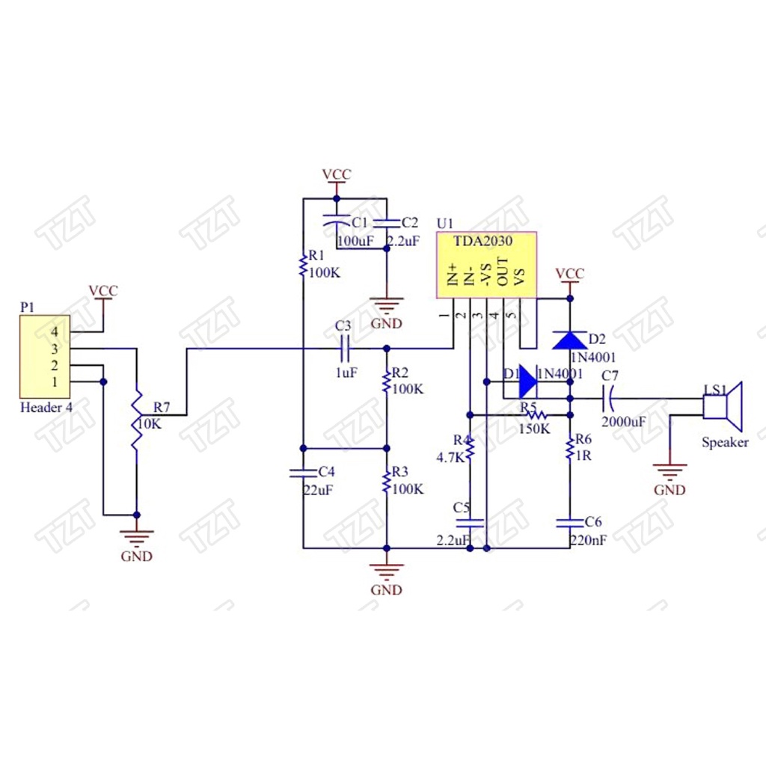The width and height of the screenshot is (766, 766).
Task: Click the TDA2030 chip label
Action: pos(482,241)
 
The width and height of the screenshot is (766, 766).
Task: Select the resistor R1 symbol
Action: pos(302,264)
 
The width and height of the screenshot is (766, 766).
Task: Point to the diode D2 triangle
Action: pos(571,340)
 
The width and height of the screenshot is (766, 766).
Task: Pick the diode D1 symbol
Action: pos(528,382)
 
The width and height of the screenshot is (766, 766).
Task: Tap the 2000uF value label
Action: pos(623,422)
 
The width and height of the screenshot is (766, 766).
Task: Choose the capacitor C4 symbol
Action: pos(303,472)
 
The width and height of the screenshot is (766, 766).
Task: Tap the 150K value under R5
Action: pos(534,429)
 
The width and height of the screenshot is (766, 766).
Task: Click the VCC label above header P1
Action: pos(102,290)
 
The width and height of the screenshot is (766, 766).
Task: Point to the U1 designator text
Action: pos(444,224)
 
